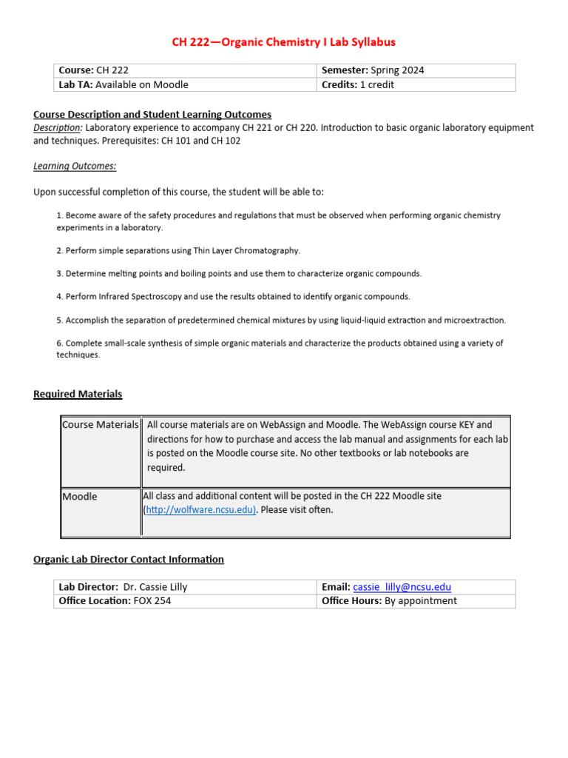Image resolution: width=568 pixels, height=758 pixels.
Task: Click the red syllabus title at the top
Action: [284, 42]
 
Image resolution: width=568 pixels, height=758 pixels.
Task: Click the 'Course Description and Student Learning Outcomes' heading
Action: [152, 114]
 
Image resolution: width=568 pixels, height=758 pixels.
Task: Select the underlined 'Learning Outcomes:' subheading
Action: [75, 166]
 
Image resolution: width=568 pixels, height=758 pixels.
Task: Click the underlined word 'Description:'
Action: [58, 127]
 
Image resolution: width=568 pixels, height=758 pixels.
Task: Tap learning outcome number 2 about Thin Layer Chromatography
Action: [178, 250]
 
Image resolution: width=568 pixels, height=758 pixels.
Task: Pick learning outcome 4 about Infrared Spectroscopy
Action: [233, 296]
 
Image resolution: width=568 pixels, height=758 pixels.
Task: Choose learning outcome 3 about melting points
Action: [239, 273]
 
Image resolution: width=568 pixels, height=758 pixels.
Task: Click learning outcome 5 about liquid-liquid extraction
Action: [281, 320]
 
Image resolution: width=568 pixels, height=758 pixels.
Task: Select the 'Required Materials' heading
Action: [78, 394]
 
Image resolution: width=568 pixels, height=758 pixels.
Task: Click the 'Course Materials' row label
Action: [100, 425]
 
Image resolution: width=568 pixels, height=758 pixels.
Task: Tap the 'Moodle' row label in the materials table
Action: [80, 496]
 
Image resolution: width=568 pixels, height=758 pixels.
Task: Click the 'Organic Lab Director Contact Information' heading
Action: [129, 559]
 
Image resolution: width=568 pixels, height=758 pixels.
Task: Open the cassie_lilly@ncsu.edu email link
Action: [402, 587]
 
